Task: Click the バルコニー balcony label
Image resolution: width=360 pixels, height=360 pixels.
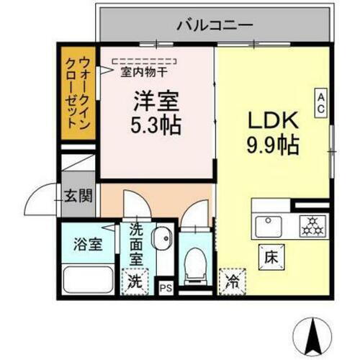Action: (x=215, y=25)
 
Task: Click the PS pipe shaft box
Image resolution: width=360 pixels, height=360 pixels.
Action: (x=166, y=287)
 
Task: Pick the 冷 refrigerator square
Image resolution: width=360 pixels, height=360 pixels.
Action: (x=231, y=280)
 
